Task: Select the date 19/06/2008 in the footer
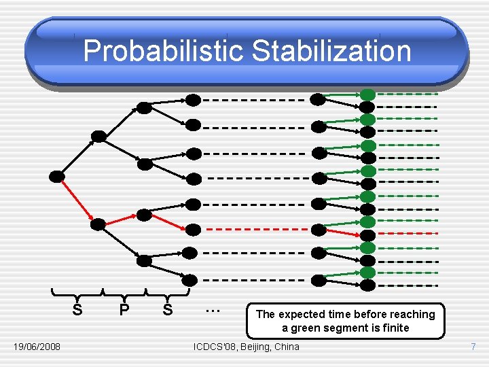pos(37,347)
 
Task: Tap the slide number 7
pos(473,347)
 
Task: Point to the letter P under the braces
pos(124,311)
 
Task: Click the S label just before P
pos(77,311)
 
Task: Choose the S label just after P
pos(168,311)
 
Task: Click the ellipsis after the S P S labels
pos(213,309)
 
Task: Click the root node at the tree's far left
pos(57,177)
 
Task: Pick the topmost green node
pos(367,94)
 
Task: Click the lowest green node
pos(367,273)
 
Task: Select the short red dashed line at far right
pos(407,233)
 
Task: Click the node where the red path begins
pos(57,177)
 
